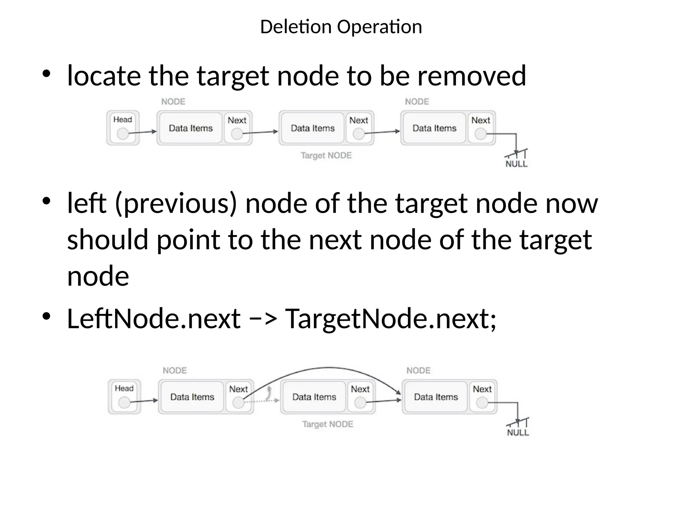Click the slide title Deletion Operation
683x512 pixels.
point(341,27)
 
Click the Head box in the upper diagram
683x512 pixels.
point(123,128)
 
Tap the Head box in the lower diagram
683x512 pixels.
point(124,397)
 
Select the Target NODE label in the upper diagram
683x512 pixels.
point(326,155)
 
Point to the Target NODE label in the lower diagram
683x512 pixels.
point(327,424)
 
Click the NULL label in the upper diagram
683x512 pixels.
point(517,164)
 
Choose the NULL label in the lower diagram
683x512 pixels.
point(518,432)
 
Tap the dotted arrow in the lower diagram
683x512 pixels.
point(262,401)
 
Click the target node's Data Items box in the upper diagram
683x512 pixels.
point(312,128)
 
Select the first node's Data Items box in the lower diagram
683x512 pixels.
point(192,397)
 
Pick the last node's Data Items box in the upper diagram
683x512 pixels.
point(434,128)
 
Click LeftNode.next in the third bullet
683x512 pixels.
point(153,319)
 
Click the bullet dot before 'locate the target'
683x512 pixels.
point(46,74)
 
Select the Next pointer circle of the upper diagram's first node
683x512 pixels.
point(237,134)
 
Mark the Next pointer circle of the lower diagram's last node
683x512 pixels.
point(482,403)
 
